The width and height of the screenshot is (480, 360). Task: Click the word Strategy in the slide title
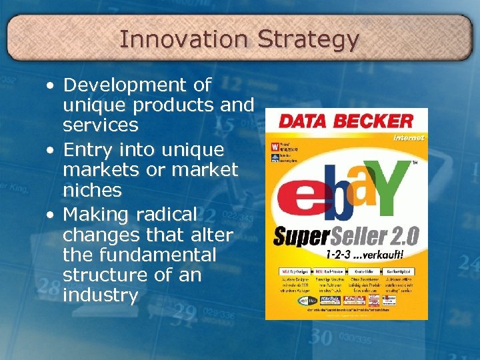click(x=308, y=40)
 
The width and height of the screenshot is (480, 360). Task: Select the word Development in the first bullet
click(x=137, y=85)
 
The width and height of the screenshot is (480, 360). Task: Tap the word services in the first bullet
click(x=101, y=125)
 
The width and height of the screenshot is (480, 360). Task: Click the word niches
click(x=92, y=191)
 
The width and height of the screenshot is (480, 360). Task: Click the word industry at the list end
click(x=100, y=295)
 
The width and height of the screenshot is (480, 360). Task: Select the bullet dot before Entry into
click(x=51, y=150)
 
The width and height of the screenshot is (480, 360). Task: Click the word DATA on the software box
click(x=303, y=121)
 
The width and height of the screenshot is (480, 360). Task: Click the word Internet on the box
click(x=408, y=137)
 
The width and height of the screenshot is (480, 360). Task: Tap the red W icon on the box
click(x=274, y=145)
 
